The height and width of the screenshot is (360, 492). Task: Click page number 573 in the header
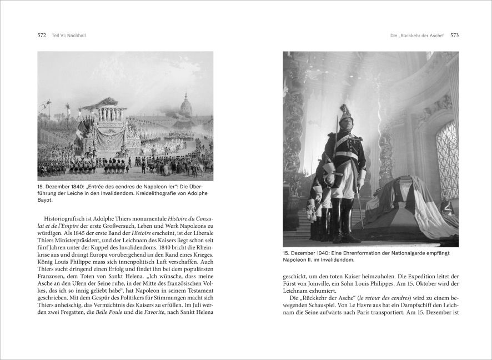(454, 36)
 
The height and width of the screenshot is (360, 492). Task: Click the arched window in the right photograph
(447, 161)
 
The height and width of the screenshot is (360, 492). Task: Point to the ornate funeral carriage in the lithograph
(108, 131)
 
